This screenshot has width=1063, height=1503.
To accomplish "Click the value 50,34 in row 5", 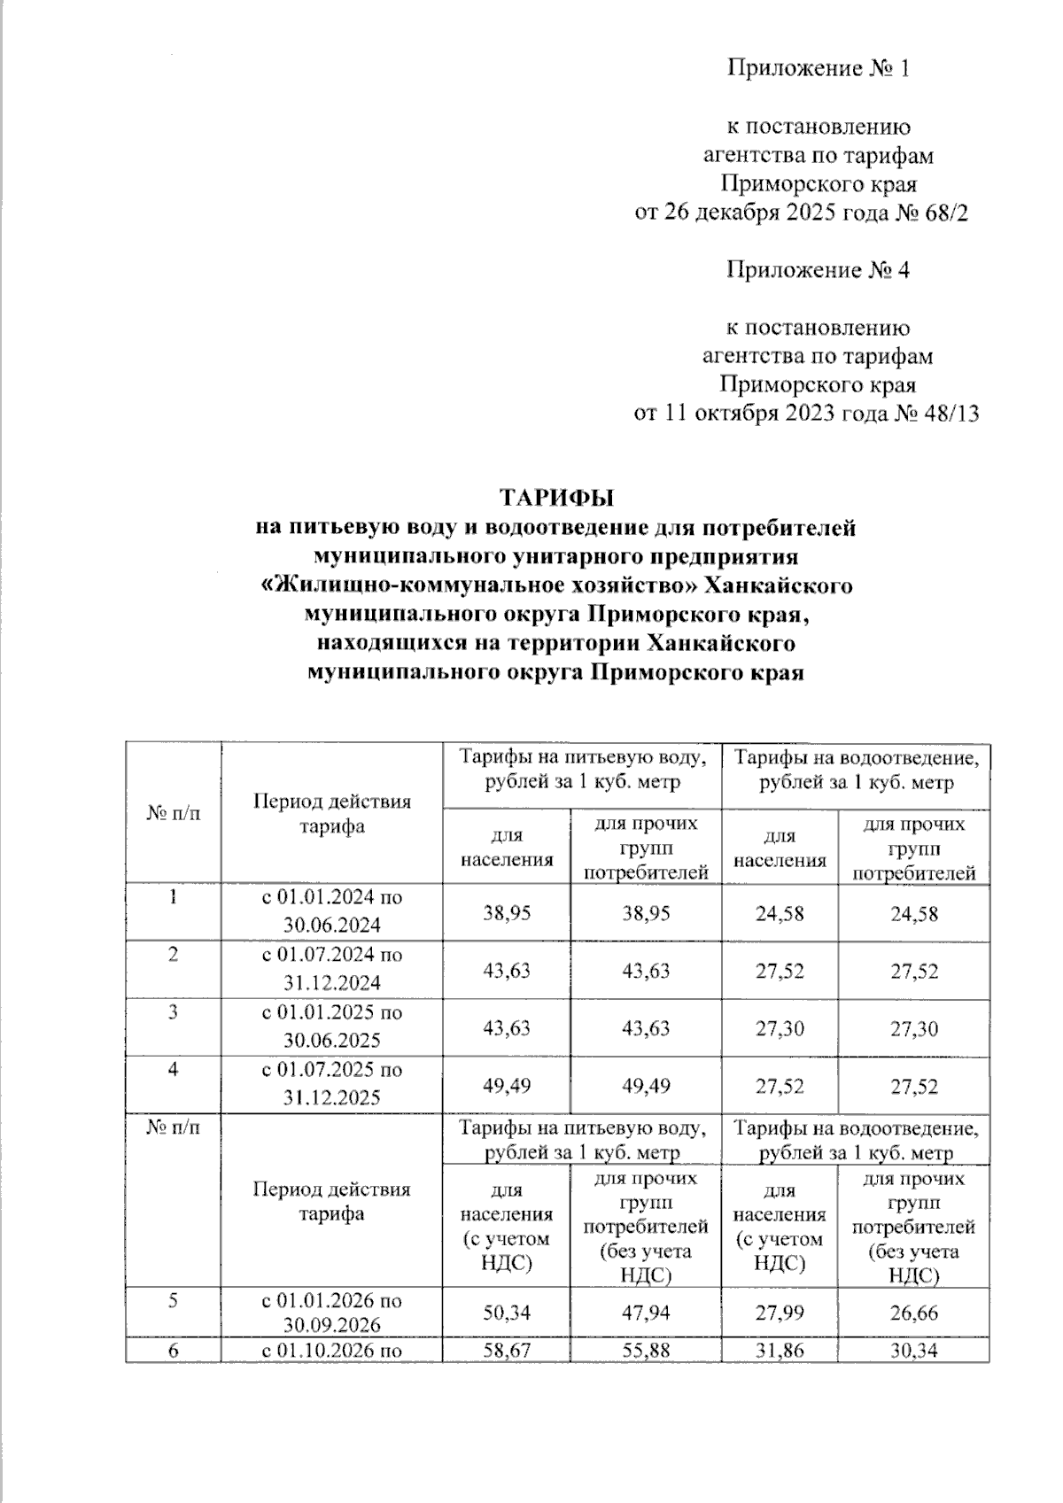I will (x=507, y=1312).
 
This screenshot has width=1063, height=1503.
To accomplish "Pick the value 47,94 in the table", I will (x=646, y=1312).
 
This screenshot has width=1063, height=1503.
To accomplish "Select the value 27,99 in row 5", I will (x=780, y=1312).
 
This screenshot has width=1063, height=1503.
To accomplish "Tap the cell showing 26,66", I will (x=913, y=1312).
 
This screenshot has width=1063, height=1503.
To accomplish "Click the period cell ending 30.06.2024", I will (x=331, y=912).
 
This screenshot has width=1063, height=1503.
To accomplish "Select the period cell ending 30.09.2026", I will (x=331, y=1313).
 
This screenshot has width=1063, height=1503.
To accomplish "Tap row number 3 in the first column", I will (x=174, y=1011).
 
